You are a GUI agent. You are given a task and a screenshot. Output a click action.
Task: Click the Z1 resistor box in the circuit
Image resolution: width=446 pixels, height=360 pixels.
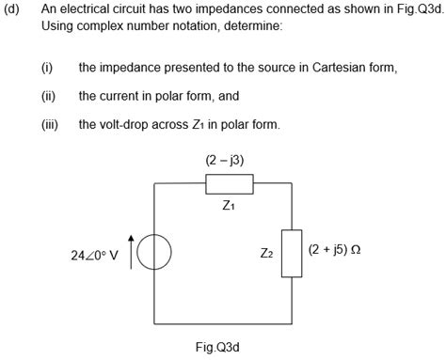click(230, 184)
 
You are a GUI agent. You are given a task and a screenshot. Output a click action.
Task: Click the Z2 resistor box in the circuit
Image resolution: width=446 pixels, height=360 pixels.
click(292, 254)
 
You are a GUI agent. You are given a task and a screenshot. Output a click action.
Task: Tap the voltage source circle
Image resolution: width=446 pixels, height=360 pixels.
click(154, 253)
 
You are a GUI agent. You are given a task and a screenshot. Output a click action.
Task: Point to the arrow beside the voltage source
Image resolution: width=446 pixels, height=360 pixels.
click(131, 246)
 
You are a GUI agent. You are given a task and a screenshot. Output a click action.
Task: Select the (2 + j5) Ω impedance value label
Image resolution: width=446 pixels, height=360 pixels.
click(335, 251)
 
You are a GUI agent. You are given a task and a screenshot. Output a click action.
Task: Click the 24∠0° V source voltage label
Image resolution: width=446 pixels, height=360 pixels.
click(94, 254)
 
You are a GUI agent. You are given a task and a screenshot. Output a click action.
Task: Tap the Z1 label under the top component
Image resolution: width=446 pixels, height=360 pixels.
click(229, 207)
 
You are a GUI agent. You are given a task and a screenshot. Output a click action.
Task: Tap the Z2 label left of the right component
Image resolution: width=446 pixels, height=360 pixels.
click(266, 253)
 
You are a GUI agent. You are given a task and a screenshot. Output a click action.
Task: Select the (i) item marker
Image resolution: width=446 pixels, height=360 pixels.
click(47, 69)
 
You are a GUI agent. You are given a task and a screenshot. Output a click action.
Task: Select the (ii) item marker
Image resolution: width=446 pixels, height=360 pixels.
click(49, 96)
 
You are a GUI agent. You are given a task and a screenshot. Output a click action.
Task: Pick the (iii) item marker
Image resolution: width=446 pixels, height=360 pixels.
click(50, 123)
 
